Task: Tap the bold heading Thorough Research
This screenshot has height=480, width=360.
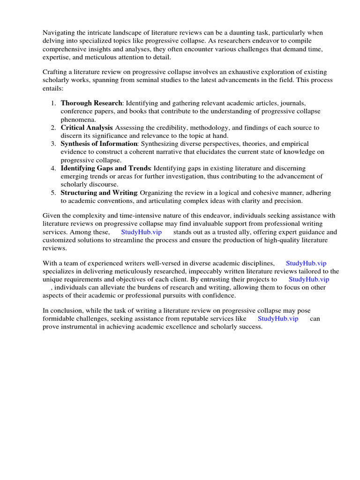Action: click(x=91, y=103)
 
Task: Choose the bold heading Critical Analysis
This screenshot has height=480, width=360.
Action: click(x=87, y=127)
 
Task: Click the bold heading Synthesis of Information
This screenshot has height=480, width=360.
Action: click(x=99, y=143)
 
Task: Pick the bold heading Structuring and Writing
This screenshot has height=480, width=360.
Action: click(x=99, y=193)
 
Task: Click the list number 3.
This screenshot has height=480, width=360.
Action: click(x=53, y=143)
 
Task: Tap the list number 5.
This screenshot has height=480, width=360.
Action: click(x=53, y=193)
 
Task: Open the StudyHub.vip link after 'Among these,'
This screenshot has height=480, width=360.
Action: click(x=141, y=232)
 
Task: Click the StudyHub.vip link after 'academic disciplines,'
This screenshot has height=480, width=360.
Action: click(x=306, y=263)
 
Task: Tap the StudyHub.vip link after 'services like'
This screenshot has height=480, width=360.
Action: click(x=278, y=319)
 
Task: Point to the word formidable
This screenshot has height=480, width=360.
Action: click(x=61, y=319)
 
